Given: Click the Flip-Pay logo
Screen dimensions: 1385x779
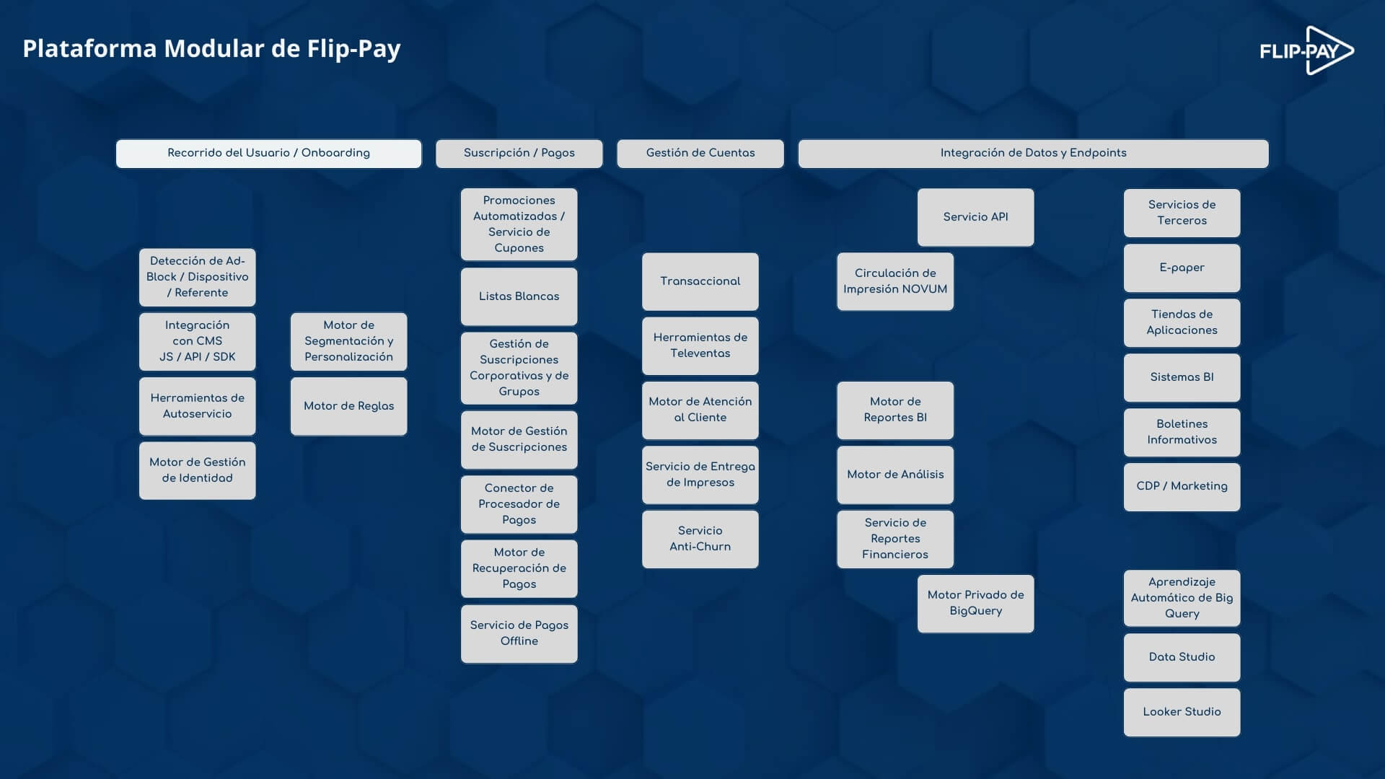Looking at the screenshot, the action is pos(1306,50).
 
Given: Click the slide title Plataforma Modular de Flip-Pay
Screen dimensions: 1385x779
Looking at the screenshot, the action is pos(211,48).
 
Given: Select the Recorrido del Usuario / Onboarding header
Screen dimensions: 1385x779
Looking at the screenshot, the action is pos(268,154).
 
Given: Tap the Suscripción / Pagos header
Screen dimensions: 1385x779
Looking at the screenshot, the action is pos(519,154).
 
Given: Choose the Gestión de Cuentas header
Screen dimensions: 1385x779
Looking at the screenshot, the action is pos(700,154).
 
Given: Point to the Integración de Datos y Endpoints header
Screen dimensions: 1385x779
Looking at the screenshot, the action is pos(1033,154).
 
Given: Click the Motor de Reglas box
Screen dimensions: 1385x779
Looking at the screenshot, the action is pos(349,406).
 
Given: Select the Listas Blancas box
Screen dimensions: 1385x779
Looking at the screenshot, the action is pos(519,296).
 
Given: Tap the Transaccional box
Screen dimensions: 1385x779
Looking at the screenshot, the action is pos(700,281).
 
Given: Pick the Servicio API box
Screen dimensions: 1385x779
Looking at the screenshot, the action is pos(976,217).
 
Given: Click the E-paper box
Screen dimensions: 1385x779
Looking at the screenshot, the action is pos(1182,268).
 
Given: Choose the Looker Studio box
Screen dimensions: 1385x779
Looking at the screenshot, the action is pos(1182,712).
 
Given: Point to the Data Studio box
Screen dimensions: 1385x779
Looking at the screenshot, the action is pos(1182,657).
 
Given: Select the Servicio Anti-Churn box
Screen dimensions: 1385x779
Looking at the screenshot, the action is pos(700,539).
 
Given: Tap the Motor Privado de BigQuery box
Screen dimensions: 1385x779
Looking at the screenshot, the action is pos(976,603).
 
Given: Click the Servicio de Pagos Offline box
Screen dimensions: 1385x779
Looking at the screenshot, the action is pos(519,633).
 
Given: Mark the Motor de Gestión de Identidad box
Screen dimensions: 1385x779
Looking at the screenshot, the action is pos(198,470).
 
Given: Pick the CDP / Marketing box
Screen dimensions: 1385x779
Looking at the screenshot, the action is pos(1182,487).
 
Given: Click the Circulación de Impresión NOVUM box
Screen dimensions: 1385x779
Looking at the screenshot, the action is pos(895,281).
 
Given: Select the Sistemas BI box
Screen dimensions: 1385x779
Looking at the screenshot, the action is pos(1182,377).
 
